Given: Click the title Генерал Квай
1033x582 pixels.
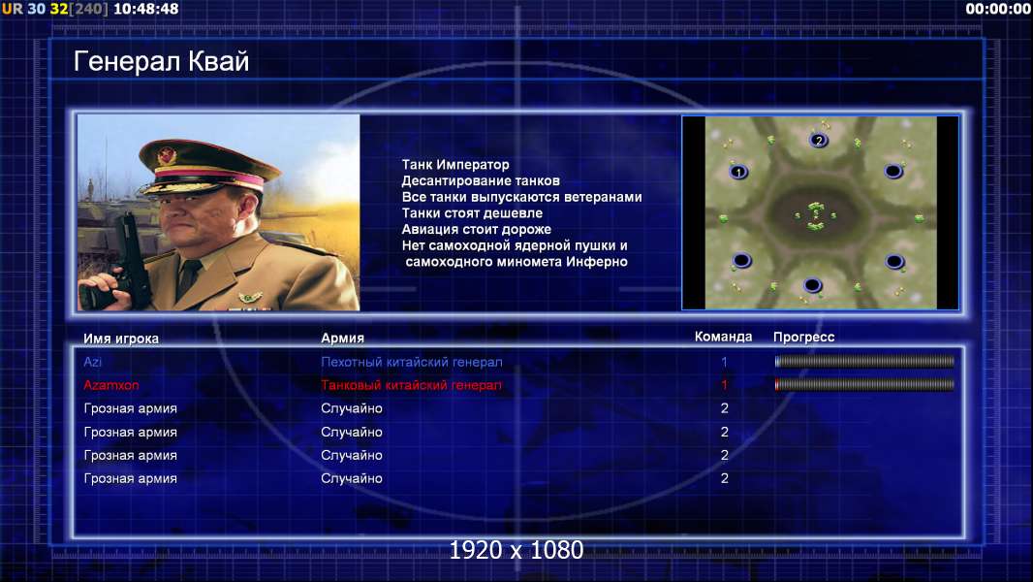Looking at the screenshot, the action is (x=162, y=61).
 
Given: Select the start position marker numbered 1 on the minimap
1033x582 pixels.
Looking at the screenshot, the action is (x=738, y=172).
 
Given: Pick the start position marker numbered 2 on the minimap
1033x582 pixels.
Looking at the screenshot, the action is (x=818, y=141).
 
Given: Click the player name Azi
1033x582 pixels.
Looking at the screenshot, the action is (x=92, y=362).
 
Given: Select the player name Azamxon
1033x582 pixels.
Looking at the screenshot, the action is (x=111, y=385).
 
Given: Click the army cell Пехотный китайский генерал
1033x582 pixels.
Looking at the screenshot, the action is (x=412, y=362).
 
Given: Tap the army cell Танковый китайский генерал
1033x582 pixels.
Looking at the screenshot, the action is (x=411, y=385).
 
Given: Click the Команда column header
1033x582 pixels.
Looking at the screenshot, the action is (x=723, y=337).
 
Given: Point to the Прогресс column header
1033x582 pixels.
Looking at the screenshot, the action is (x=803, y=337).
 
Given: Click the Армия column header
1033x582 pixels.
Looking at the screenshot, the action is (x=343, y=339).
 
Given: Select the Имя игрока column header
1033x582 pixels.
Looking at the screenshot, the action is (x=121, y=339).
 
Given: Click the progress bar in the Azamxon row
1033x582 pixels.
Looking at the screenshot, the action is (x=864, y=385).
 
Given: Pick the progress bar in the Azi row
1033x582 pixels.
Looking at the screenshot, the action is (x=864, y=361).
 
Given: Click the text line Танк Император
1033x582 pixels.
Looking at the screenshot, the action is (x=455, y=165).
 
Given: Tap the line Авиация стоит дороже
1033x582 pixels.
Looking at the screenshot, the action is (x=477, y=229).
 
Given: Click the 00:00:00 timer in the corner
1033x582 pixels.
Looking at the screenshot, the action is (x=997, y=9).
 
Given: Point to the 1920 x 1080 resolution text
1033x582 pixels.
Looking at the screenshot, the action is (x=516, y=550).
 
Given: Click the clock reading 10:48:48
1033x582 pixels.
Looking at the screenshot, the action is (x=145, y=9).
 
